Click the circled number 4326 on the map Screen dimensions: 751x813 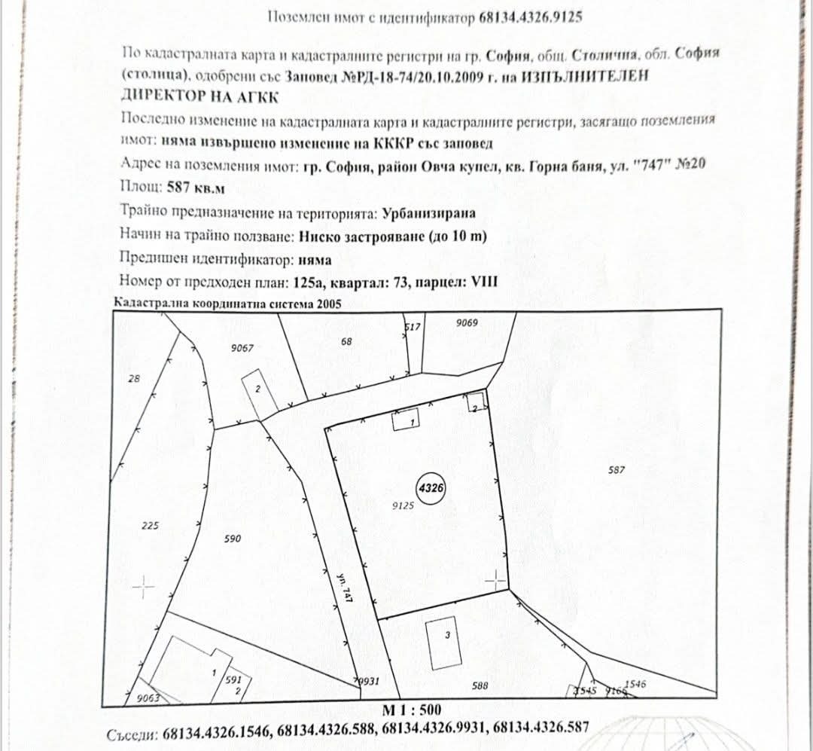(431, 487)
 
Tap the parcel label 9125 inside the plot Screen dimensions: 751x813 (403, 506)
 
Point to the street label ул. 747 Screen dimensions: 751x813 (345, 586)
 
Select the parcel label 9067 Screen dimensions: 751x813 (242, 347)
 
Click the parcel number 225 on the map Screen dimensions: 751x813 (150, 526)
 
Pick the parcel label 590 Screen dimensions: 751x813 (233, 539)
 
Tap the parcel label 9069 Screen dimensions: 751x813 (467, 322)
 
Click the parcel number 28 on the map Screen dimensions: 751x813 (134, 379)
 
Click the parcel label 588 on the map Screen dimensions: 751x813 (480, 685)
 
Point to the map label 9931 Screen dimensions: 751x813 (367, 681)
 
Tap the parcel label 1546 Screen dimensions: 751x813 (635, 683)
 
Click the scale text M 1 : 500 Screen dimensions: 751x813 (413, 710)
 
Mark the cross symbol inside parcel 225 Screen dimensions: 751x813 (142, 586)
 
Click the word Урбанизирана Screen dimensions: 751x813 (429, 213)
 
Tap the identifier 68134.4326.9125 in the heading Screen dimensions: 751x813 (530, 17)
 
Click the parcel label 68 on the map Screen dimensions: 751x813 (346, 341)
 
